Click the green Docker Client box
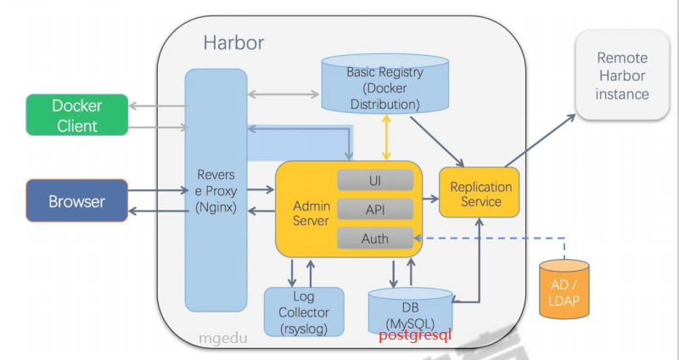coord(76,115)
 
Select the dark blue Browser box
coord(76,201)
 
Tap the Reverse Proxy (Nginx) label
coord(216,190)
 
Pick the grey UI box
coord(375,180)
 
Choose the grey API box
coord(375,209)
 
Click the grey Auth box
coord(375,238)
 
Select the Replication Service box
coord(480,194)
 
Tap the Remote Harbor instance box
coord(622,76)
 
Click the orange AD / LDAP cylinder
coord(564,290)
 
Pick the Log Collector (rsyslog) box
coord(303,312)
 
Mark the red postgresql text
coord(416,335)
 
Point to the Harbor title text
coord(234,42)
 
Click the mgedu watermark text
coord(222,337)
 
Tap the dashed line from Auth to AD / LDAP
coord(492,238)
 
